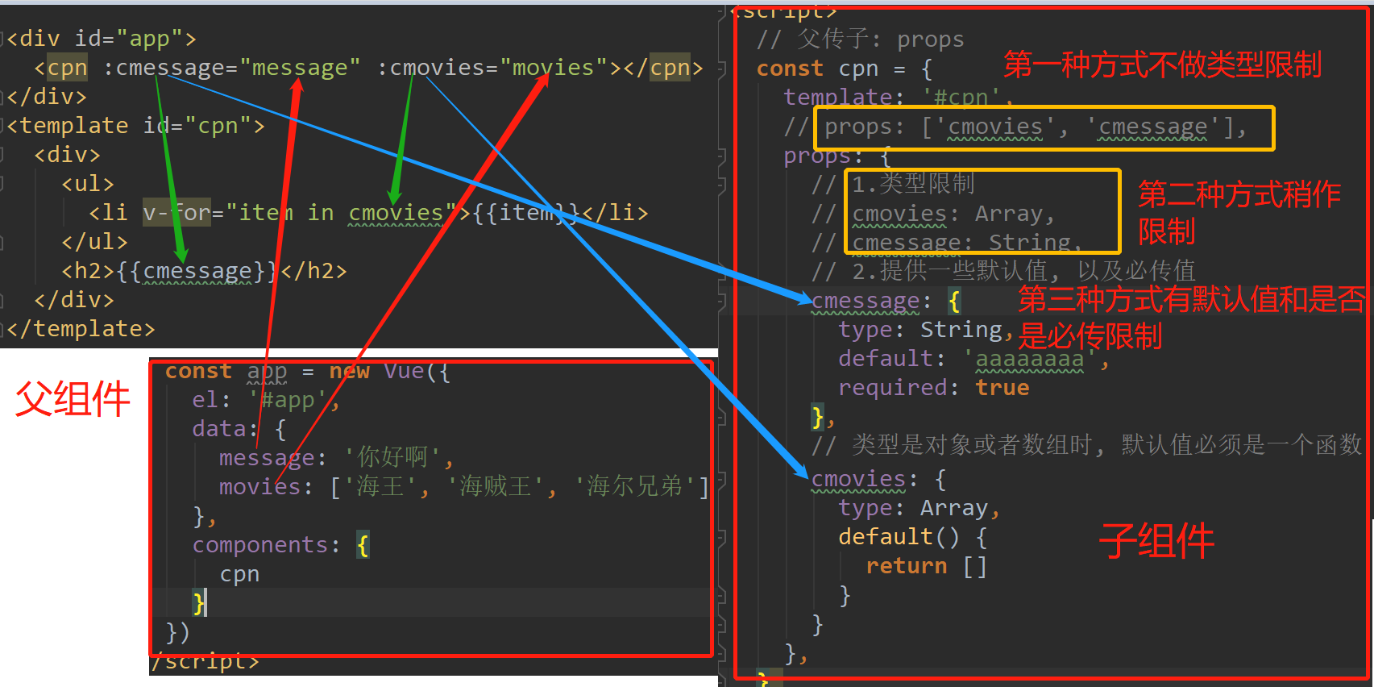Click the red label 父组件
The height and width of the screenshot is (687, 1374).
click(x=73, y=398)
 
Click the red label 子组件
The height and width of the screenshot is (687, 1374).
click(x=1156, y=540)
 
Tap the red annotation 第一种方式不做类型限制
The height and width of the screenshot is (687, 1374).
click(x=1162, y=65)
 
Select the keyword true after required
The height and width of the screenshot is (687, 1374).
click(x=1002, y=388)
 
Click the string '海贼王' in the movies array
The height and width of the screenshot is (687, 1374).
click(x=495, y=487)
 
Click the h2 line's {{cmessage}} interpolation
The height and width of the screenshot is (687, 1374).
click(x=197, y=271)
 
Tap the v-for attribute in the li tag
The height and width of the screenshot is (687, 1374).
click(x=176, y=213)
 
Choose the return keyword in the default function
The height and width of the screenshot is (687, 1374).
click(x=906, y=566)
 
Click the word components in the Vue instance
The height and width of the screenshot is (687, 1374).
click(x=259, y=545)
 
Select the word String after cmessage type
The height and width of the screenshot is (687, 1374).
click(x=961, y=330)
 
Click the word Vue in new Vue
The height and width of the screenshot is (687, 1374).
click(x=404, y=371)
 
